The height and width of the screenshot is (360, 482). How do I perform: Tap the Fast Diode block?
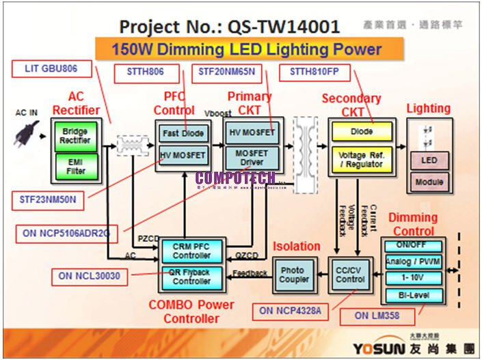point(183,133)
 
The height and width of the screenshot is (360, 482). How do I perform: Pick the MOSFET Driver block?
point(252,158)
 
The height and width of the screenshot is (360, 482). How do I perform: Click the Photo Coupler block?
point(293,275)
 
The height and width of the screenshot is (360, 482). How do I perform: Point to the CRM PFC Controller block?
point(192,251)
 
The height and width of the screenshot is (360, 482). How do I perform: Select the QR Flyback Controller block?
point(192,276)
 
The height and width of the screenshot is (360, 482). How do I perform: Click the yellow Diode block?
point(362,130)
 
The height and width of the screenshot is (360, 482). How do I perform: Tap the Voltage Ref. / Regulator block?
point(362,160)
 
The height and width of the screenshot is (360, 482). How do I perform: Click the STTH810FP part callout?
point(314,71)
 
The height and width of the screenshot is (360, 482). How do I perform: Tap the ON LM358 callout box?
point(377,316)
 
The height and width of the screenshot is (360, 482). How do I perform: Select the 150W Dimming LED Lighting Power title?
point(247,50)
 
